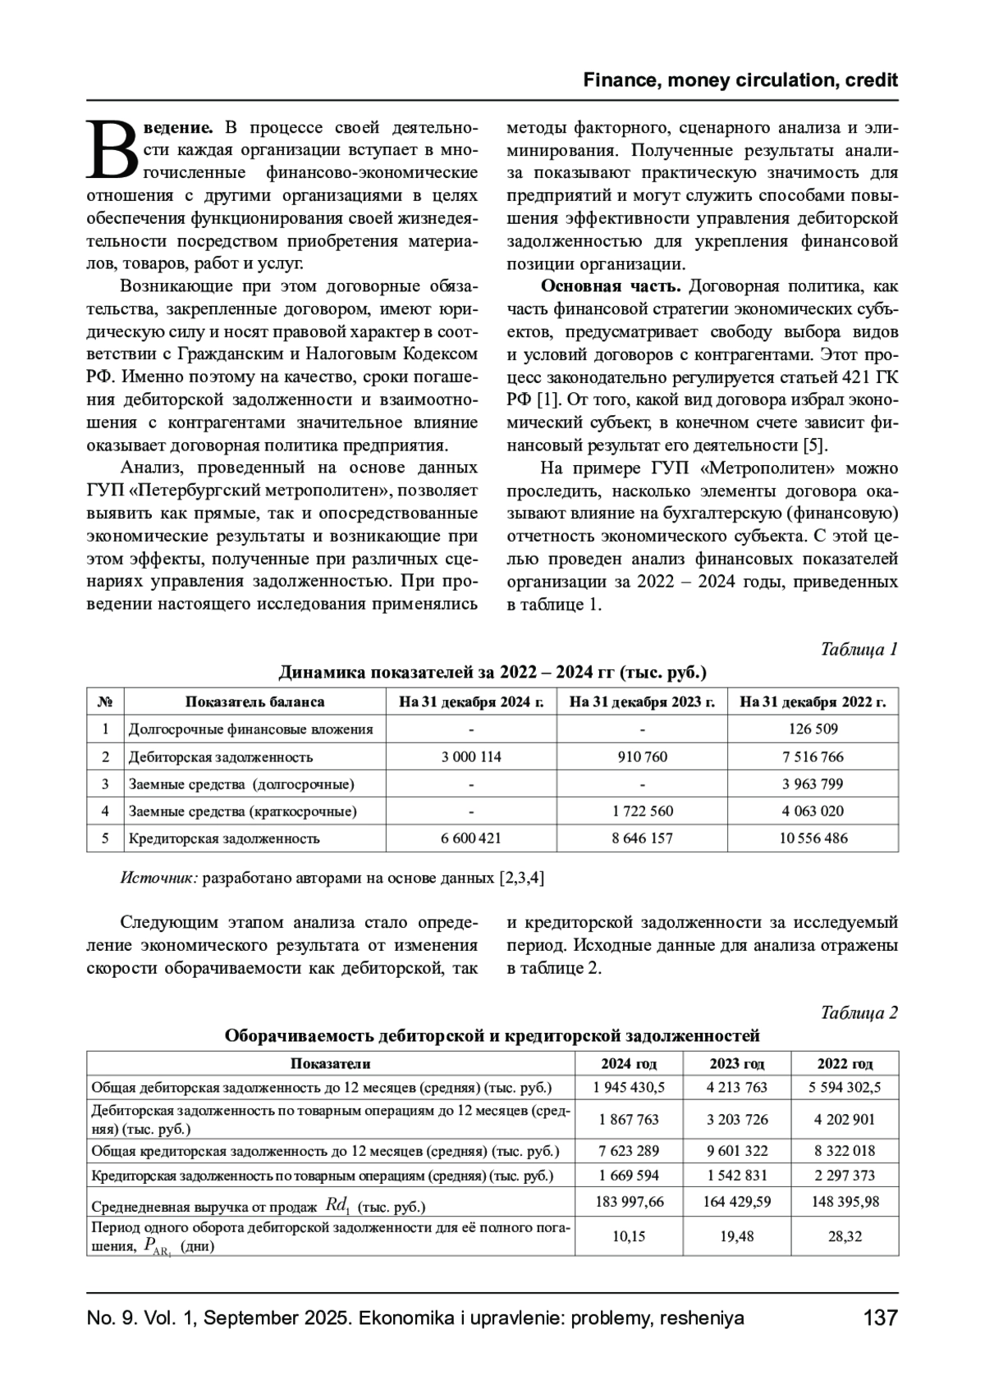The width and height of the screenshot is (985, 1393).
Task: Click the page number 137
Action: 880,1318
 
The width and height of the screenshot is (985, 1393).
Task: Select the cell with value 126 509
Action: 813,728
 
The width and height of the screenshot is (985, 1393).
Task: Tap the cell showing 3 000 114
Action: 471,756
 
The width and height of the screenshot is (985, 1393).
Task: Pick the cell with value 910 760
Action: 642,756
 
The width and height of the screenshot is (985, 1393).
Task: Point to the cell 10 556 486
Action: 813,838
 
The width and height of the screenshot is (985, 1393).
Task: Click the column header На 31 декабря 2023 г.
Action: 642,701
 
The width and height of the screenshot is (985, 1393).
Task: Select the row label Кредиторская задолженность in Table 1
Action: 223,838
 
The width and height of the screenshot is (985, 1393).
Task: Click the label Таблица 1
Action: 859,649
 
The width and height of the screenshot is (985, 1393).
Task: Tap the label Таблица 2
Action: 859,1012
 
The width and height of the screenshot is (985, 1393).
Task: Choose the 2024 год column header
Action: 629,1063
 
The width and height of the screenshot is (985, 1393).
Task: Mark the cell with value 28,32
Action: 845,1236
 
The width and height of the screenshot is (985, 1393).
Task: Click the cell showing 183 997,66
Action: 629,1202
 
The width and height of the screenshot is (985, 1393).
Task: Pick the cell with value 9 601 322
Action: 736,1151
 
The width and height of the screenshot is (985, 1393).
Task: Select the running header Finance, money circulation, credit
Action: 740,80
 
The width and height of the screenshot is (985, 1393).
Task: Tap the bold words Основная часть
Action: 610,286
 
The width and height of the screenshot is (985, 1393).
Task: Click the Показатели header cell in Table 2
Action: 330,1063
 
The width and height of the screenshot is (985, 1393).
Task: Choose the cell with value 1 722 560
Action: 642,811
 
